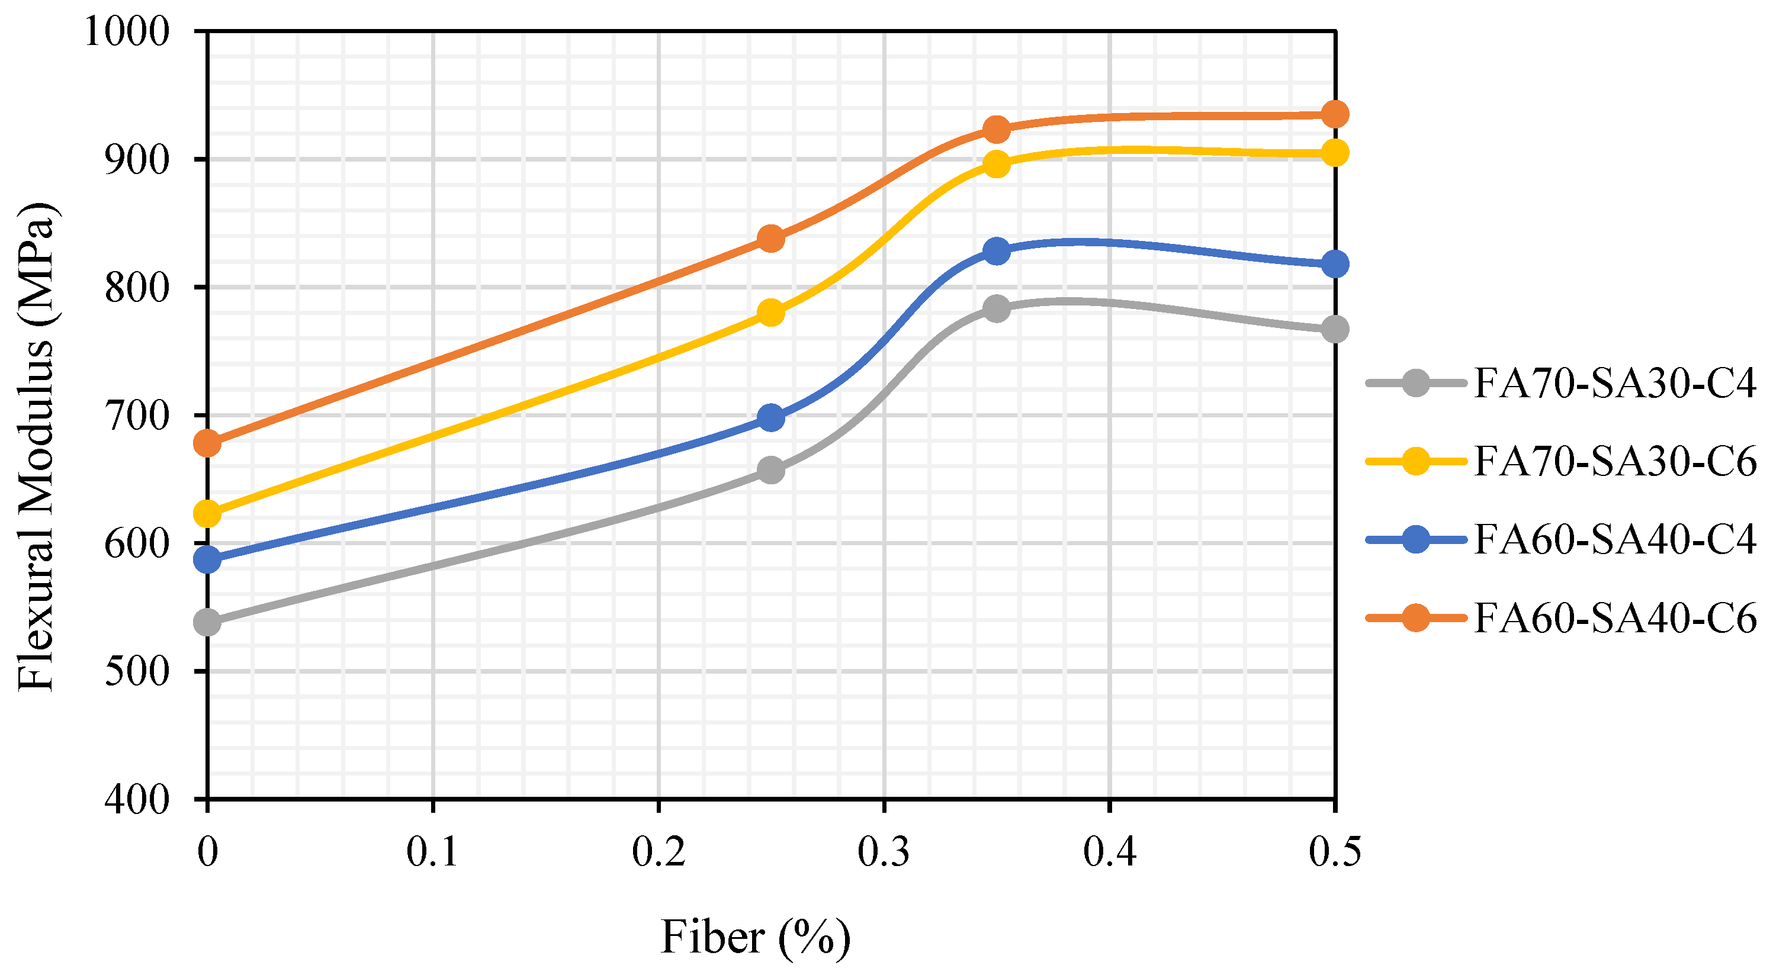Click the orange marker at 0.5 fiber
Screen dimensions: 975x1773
coord(1335,114)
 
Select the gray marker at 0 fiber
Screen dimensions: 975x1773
coord(207,623)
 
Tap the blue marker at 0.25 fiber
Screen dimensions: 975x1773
coord(771,418)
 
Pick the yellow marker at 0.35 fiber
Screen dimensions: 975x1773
coord(996,164)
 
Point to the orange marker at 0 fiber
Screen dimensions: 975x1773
coord(207,444)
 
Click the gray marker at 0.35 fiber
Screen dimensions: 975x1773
coord(996,308)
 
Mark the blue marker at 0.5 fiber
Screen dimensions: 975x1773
coord(1335,263)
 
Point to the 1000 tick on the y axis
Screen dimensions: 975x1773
coord(127,31)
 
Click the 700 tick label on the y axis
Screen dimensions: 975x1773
coord(137,416)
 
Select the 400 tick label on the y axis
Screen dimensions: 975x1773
coord(137,800)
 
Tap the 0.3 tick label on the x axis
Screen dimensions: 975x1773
coord(883,852)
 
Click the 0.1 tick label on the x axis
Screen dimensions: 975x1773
coord(432,852)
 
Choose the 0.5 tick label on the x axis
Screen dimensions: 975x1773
coord(1335,852)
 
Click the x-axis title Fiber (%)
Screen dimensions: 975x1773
coord(755,937)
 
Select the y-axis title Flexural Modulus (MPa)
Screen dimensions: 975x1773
coord(36,448)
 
